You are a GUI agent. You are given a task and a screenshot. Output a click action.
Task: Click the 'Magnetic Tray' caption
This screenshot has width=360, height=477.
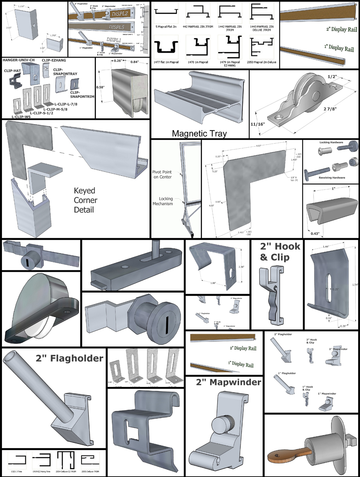point(199,134)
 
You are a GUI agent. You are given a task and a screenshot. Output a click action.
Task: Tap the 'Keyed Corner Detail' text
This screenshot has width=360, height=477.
point(85,200)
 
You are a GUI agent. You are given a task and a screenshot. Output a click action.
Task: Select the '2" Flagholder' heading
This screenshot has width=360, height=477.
point(70,358)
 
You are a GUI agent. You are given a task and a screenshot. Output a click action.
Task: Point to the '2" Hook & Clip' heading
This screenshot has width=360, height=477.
point(280,251)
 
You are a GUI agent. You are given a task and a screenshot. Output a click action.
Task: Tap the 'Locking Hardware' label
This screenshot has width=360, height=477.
point(331,143)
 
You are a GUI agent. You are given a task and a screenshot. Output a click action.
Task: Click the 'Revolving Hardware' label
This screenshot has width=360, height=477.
point(331,177)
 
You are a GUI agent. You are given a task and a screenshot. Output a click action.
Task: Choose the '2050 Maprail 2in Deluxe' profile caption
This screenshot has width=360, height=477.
point(262,63)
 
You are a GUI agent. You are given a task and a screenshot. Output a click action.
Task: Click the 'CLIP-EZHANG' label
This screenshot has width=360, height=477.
point(53,60)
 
